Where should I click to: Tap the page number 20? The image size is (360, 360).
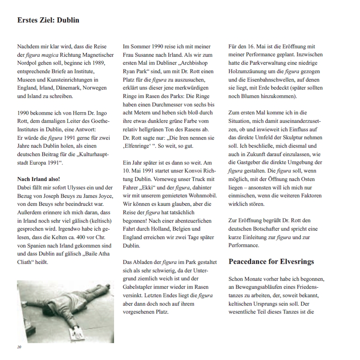click(x=19, y=347)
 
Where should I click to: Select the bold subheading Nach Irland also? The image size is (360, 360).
click(x=38, y=179)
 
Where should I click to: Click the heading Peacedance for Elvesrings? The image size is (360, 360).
click(x=271, y=261)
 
